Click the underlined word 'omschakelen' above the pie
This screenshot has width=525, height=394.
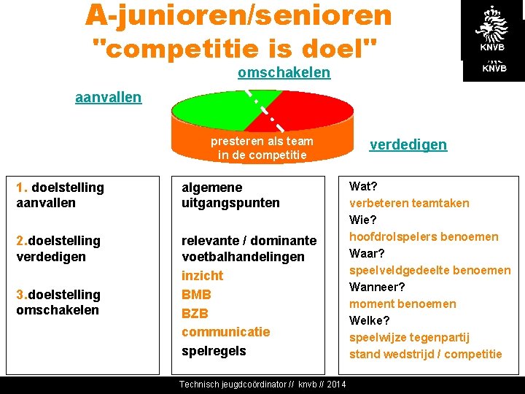point(284,73)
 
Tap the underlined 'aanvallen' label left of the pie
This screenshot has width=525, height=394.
point(108,97)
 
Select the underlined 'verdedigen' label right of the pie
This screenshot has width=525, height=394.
point(408,144)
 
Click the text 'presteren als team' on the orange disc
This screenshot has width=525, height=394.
point(262,141)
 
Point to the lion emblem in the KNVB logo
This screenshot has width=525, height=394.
point(491,26)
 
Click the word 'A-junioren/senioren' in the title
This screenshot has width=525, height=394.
point(238,14)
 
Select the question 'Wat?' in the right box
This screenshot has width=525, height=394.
point(363,186)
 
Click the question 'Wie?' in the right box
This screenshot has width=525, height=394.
point(363,220)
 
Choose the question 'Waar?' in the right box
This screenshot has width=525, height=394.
point(367,253)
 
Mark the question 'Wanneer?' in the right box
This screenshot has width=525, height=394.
point(377,287)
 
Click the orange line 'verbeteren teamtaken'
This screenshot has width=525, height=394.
point(409,203)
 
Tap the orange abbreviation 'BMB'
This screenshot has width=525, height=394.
point(196,295)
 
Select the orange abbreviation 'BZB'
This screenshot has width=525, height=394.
point(195,313)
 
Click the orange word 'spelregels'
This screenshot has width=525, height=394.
point(214,351)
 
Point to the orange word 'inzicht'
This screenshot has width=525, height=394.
point(202,276)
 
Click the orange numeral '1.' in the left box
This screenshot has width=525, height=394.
point(22,188)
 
